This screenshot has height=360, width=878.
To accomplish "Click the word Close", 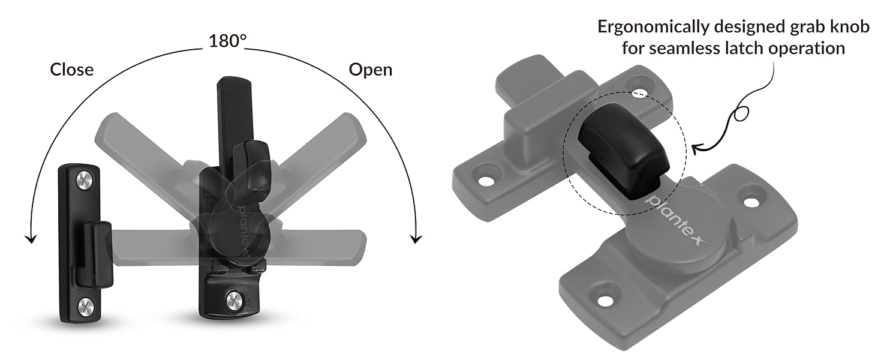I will tap(72, 70).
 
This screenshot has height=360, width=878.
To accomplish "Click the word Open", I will tap(370, 70).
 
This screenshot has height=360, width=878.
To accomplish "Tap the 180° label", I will tap(227, 41).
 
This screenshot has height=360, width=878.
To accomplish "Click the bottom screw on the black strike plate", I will tap(86, 305).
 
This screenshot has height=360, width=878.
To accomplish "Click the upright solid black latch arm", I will tap(229, 120).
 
